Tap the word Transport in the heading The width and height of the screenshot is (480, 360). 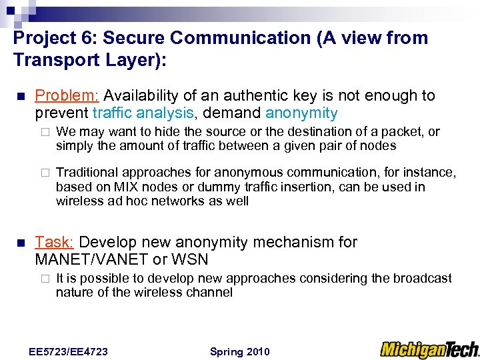click(x=51, y=61)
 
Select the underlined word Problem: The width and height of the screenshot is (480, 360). click(x=67, y=96)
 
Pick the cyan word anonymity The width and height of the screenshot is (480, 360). click(x=301, y=113)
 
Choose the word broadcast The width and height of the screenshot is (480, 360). click(x=423, y=278)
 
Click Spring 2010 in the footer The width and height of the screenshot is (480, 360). click(x=239, y=351)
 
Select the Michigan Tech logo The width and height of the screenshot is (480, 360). click(x=429, y=349)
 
